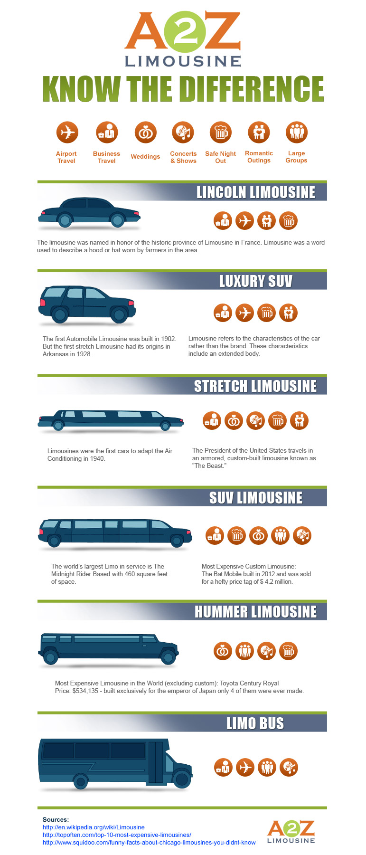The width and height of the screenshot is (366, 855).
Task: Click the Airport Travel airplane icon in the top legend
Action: point(67,132)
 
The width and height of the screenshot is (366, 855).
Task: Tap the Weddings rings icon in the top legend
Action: point(145,132)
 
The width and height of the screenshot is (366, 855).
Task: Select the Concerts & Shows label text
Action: point(183,157)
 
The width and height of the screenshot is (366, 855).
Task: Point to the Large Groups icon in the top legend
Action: point(297,132)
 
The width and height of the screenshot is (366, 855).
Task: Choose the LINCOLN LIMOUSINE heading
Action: point(256,192)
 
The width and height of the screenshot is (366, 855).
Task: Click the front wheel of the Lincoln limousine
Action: point(117,219)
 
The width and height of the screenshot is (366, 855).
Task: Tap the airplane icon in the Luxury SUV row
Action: point(245,313)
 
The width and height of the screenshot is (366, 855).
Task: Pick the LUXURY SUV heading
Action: point(256,281)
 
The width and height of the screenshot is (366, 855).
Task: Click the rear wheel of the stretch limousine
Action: point(58,426)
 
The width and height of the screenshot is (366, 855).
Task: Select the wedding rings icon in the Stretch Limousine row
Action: point(234,420)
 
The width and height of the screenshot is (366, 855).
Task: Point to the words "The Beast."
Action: point(209,466)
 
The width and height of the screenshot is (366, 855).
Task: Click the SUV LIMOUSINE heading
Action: point(256,498)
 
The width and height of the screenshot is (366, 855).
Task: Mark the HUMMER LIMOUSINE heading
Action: point(256,612)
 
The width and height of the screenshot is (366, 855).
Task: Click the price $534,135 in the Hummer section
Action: point(85,691)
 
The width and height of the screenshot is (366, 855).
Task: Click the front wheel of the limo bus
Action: point(181,779)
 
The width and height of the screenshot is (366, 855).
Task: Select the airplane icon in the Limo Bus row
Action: point(245,767)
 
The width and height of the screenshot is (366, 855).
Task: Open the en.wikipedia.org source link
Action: point(94,827)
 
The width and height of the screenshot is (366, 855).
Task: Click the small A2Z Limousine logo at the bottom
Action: point(291,832)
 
